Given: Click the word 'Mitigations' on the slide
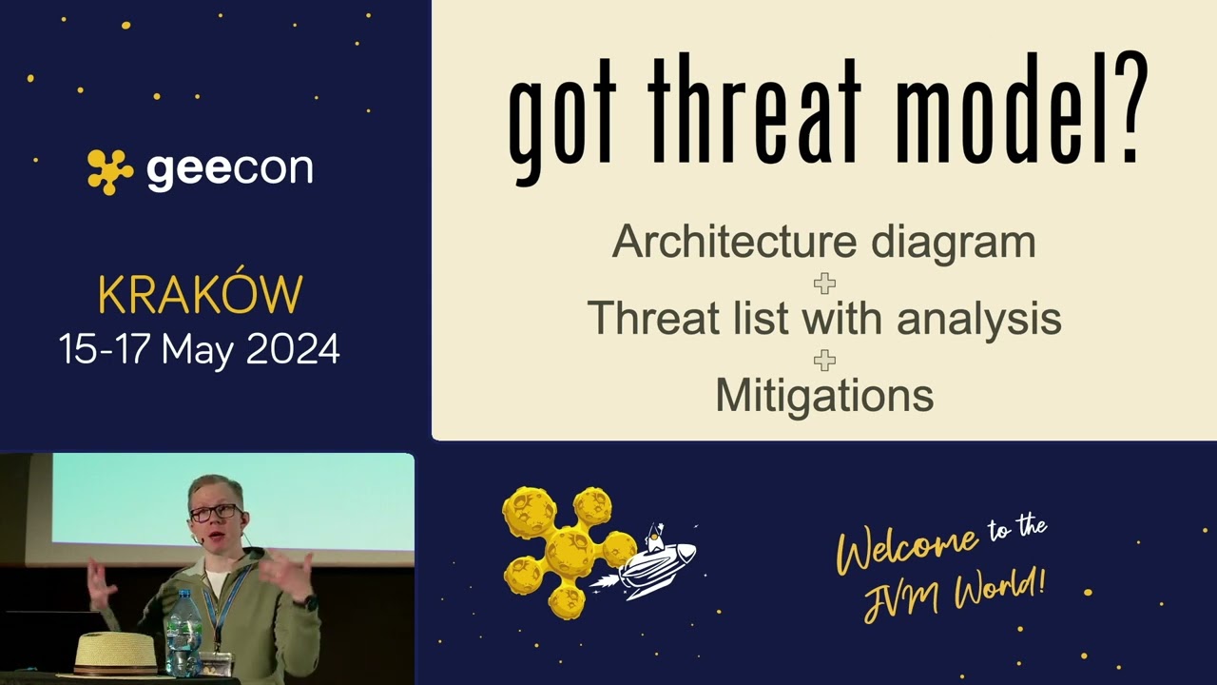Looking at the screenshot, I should pyautogui.click(x=824, y=395).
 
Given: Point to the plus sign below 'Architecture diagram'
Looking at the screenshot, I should pyautogui.click(x=824, y=283).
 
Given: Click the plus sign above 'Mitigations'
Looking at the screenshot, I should pyautogui.click(x=824, y=360).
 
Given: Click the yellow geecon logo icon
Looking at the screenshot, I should pyautogui.click(x=110, y=171).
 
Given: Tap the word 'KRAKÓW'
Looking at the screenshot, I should pyautogui.click(x=200, y=296).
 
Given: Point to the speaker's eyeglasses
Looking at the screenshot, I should pyautogui.click(x=215, y=512).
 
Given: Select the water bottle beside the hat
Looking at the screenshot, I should pyautogui.click(x=183, y=633).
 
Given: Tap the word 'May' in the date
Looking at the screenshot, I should pyautogui.click(x=198, y=349).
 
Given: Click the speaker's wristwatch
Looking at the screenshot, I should pyautogui.click(x=305, y=602).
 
